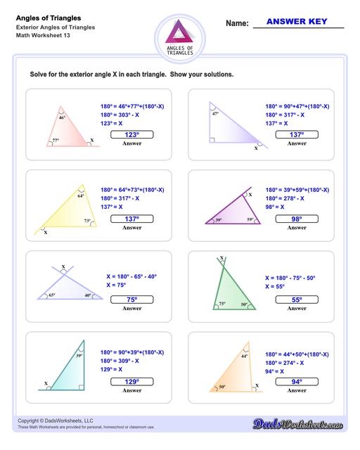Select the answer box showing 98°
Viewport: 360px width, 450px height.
tap(297, 219)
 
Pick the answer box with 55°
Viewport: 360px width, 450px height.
tap(297, 300)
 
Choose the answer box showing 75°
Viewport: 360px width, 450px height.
tap(132, 300)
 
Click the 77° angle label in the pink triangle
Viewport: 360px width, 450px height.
tap(56, 141)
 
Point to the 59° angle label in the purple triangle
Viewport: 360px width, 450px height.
tap(250, 220)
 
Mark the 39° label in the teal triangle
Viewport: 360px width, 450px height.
tap(79, 356)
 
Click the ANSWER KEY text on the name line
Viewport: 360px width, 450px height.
tap(298, 22)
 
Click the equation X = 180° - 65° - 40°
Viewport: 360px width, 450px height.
tap(132, 277)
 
